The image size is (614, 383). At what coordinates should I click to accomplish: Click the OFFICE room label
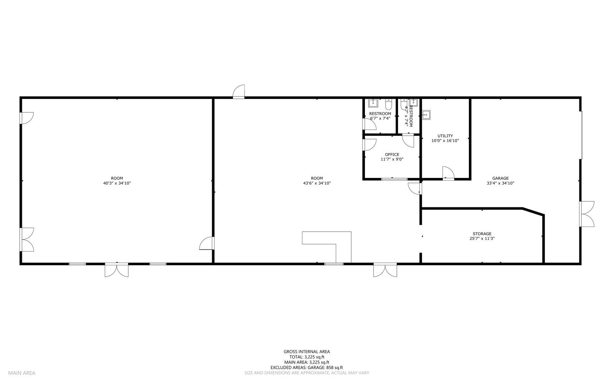click(392, 155)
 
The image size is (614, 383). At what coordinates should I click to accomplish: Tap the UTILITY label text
click(445, 136)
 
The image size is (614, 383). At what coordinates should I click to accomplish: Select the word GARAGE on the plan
click(500, 178)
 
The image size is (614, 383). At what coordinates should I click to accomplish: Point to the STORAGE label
click(482, 234)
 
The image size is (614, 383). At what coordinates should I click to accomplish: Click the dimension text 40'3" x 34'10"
click(117, 183)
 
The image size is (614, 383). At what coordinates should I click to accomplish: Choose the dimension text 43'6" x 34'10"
click(317, 183)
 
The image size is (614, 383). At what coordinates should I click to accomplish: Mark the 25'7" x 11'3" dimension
click(482, 238)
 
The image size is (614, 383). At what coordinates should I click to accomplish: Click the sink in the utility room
click(426, 114)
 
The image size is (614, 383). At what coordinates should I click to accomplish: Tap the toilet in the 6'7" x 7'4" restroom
click(388, 103)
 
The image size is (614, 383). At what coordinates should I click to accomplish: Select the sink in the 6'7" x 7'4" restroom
click(373, 103)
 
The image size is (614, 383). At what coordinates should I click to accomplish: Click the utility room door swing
click(448, 173)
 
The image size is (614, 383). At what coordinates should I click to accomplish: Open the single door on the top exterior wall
click(239, 92)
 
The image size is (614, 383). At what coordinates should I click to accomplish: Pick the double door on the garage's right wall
click(587, 214)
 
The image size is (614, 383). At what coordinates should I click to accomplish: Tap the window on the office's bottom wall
click(394, 179)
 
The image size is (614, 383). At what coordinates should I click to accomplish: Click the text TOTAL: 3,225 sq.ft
click(307, 357)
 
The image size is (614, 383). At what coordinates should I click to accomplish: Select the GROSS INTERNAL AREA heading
click(307, 352)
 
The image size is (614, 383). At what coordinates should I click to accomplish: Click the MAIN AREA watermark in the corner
click(21, 373)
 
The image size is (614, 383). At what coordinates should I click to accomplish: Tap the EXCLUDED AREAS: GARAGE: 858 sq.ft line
click(307, 368)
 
